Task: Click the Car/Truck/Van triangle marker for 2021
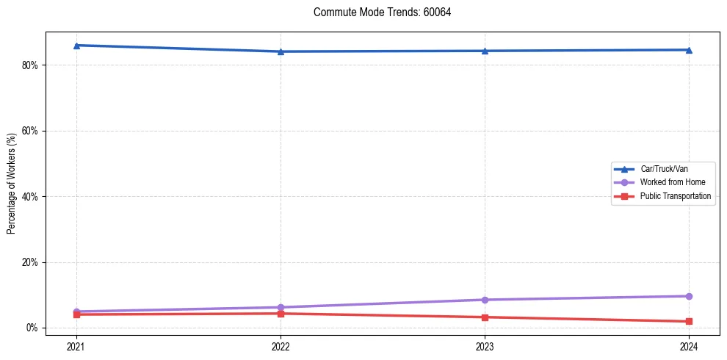pos(76,46)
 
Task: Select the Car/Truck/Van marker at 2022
pos(281,51)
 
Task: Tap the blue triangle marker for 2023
pos(485,51)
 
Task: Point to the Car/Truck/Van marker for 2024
pos(689,50)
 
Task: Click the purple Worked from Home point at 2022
pos(281,307)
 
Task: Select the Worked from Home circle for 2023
pos(485,300)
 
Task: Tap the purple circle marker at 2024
pos(689,296)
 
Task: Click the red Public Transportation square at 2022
pos(281,314)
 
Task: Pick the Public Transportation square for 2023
pos(485,317)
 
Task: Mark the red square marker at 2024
pos(689,321)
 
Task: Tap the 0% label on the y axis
pos(32,328)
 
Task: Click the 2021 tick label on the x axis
pos(76,345)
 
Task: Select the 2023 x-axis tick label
pos(485,345)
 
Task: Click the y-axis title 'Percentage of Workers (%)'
pos(11,184)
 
